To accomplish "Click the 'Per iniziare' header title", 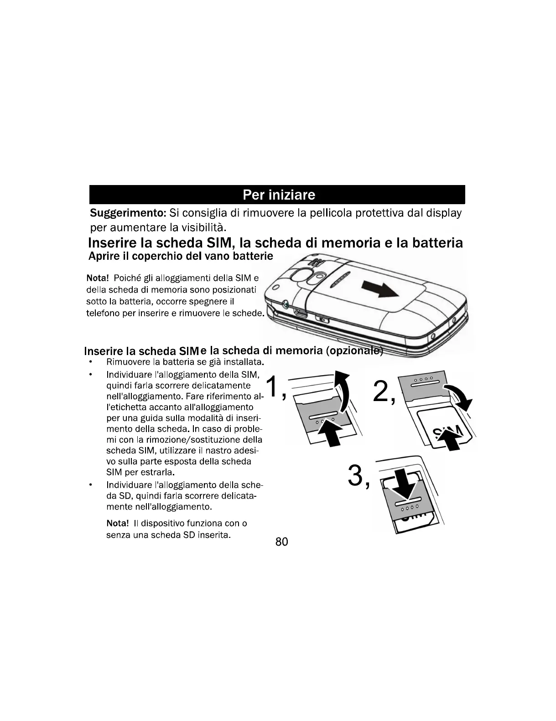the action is [x=279, y=195].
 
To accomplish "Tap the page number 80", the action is [x=282, y=541].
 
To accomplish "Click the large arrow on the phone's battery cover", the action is [x=379, y=290].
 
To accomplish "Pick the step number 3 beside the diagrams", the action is [x=356, y=476].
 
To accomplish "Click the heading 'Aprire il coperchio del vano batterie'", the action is [x=181, y=256].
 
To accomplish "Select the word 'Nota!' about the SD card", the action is [x=118, y=523].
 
